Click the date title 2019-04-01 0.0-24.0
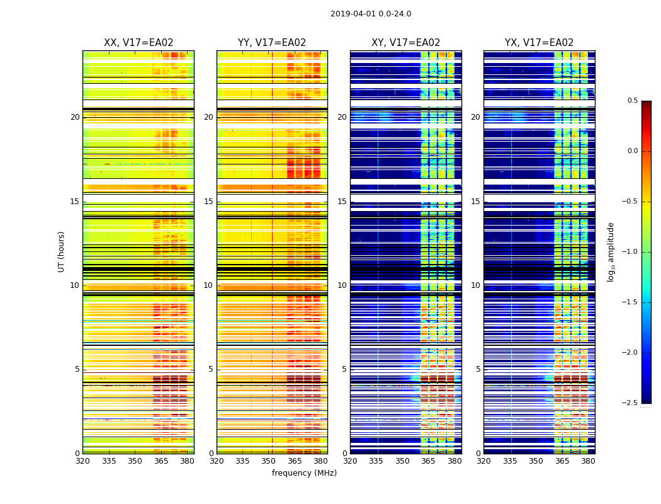tap(371, 14)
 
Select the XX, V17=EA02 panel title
tap(138, 43)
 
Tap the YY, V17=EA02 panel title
tap(272, 43)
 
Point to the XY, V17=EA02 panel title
tap(405, 43)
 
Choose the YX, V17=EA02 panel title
tap(539, 43)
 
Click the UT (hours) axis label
tap(62, 251)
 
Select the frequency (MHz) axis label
tap(304, 473)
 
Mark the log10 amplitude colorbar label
tap(611, 251)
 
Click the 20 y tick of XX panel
tap(75, 117)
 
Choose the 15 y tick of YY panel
tap(209, 202)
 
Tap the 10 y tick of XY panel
tap(342, 285)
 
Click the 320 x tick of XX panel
tap(82, 461)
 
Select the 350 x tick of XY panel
tap(402, 461)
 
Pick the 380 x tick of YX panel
tap(588, 461)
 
